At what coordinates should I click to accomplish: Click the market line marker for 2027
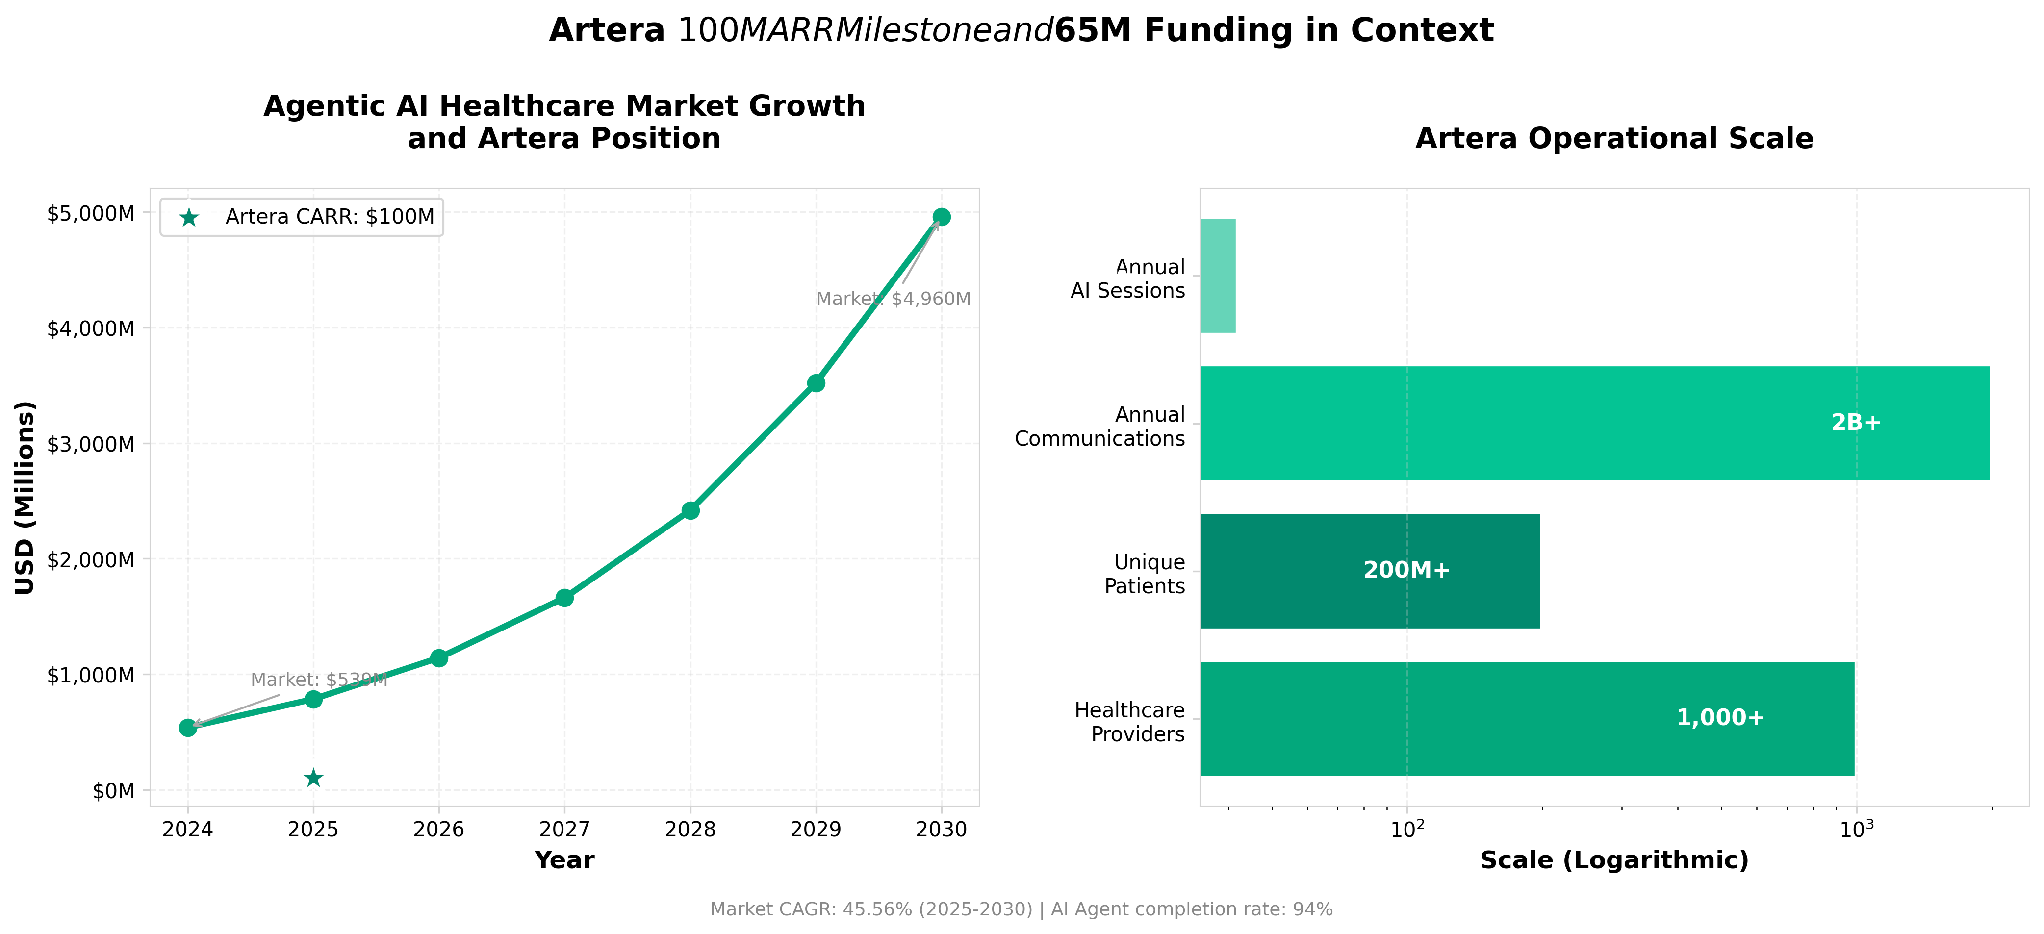pos(564,598)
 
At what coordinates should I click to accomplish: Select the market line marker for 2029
pos(816,383)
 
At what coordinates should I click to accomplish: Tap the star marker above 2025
pos(313,778)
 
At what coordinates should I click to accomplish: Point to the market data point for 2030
pos(941,217)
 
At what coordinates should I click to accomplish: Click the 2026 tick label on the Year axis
pos(439,829)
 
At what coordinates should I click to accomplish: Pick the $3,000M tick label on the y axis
pos(90,444)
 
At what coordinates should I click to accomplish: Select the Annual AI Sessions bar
pos(1217,276)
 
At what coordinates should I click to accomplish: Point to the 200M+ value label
pos(1406,571)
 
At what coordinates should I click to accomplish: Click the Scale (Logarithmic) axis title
pos(1614,860)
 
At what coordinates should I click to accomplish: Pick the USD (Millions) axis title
pos(26,498)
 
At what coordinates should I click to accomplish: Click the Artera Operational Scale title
pos(1614,138)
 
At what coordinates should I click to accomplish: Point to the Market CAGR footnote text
pos(1021,909)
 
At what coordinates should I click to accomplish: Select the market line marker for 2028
pos(690,510)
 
